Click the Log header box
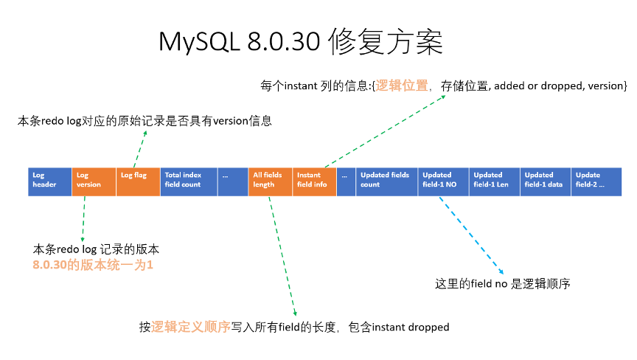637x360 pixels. tap(49, 181)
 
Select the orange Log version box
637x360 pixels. tap(94, 181)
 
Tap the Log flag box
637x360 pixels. tap(138, 181)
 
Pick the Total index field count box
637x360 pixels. tap(189, 181)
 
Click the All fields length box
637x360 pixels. tap(270, 181)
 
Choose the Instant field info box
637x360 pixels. tap(314, 181)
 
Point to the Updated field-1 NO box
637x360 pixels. tap(442, 181)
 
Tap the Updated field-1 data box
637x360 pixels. tap(545, 181)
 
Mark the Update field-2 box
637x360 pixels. tap(596, 181)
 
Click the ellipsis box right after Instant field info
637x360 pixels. tap(346, 181)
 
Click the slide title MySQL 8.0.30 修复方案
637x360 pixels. tap(301, 42)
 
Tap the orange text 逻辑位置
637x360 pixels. tap(402, 86)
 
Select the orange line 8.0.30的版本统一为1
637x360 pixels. tap(93, 264)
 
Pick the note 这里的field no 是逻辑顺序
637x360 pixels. tap(504, 283)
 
